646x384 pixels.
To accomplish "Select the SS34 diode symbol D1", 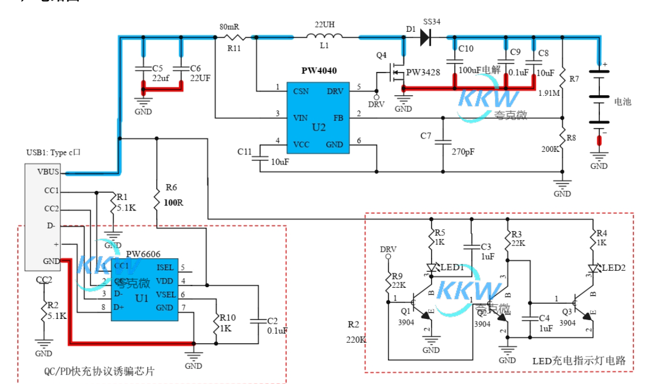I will pos(424,36).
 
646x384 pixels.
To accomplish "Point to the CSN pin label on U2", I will pos(301,92).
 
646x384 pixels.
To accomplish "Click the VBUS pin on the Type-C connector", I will pos(48,171).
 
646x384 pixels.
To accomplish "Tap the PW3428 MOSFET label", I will pos(423,72).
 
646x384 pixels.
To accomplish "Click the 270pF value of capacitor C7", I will pos(464,152).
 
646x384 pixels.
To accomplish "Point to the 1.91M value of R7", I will pos(549,93).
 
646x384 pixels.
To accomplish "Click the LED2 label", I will pos(614,268).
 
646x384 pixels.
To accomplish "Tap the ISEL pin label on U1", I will pos(165,268).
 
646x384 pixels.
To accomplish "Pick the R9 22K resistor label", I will pos(397,281).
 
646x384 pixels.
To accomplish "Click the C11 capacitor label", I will pos(244,152).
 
